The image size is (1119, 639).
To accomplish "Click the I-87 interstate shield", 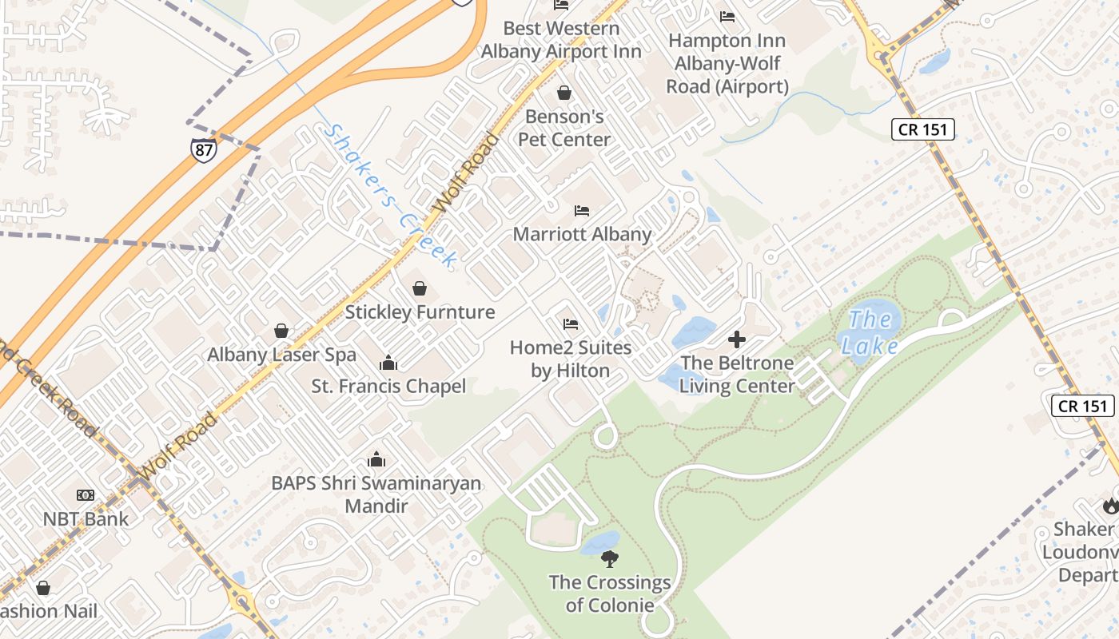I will coord(204,149).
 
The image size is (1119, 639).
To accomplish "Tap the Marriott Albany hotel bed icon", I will coord(582,211).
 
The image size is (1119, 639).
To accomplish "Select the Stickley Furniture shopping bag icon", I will coord(420,288).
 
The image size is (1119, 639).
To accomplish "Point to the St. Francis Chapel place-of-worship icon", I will coord(388,363).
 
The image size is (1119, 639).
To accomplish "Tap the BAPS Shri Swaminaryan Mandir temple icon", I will coord(376,460).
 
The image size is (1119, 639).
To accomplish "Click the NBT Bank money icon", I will coord(85,495).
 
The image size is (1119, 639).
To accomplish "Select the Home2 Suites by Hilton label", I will coord(571,359).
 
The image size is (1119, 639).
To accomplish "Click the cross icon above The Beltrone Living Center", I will coord(737,339).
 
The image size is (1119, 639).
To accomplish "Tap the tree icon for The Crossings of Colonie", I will coord(610,558).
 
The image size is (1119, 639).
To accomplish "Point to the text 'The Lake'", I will coord(869,332).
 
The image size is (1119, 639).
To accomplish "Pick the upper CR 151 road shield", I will coord(923,129).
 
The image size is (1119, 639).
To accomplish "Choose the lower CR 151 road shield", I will coord(1082,406).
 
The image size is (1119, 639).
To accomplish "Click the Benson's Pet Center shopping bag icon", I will coord(564,93).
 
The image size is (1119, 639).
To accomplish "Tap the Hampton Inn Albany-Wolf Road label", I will coord(727,63).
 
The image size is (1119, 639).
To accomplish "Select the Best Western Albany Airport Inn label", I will coord(561,40).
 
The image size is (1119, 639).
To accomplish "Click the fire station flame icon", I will coord(1110,506).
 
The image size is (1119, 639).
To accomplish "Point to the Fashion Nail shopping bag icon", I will coord(43,589).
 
